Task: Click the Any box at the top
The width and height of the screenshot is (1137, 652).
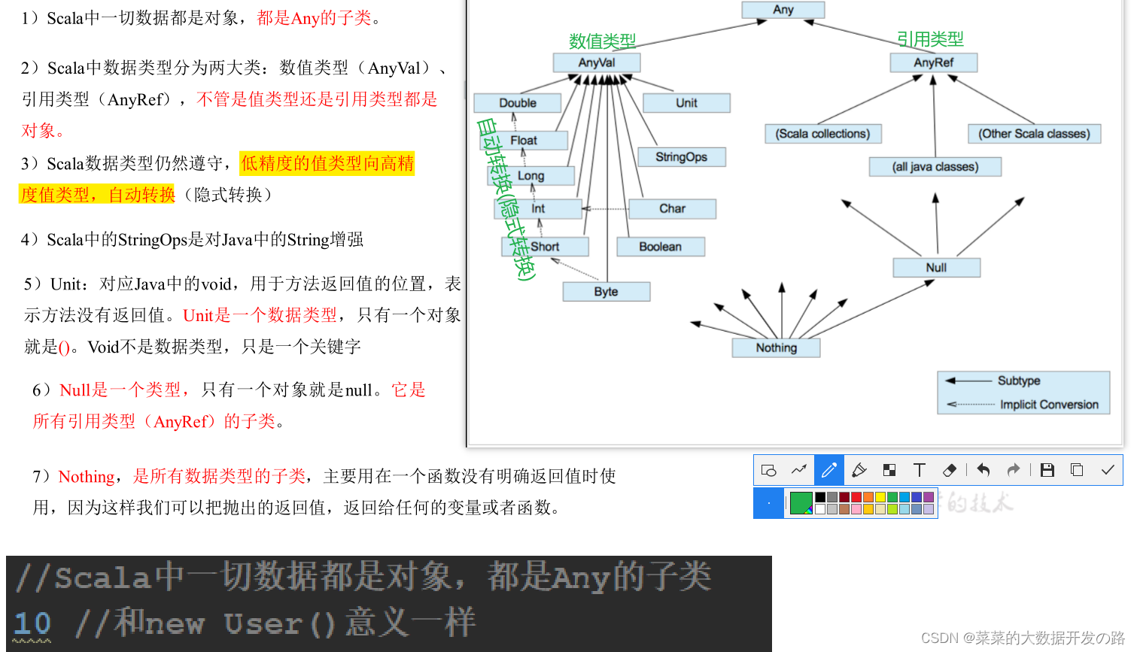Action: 783,10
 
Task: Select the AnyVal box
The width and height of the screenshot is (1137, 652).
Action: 597,63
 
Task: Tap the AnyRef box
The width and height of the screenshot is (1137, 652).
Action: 934,63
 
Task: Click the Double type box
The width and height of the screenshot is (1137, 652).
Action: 517,103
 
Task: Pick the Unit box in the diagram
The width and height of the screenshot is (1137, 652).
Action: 686,103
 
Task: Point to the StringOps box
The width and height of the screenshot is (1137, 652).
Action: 681,157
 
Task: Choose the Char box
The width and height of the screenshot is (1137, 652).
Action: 672,209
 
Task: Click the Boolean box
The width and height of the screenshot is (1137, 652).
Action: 661,247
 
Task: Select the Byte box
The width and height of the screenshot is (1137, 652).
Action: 606,292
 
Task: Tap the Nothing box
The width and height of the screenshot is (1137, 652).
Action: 776,348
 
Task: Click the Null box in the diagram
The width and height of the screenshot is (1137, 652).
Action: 937,268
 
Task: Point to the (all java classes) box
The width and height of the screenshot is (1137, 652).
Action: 935,167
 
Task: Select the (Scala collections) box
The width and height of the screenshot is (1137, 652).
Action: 822,134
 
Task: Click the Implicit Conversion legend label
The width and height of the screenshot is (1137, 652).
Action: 1049,405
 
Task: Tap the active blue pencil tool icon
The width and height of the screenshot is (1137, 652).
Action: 829,470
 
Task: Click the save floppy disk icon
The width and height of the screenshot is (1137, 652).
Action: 1047,470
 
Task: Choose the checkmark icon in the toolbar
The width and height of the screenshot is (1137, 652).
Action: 1108,470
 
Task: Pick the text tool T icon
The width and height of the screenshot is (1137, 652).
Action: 920,470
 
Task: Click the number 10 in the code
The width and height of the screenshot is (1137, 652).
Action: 32,623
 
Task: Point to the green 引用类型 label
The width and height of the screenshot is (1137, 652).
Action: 930,39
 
